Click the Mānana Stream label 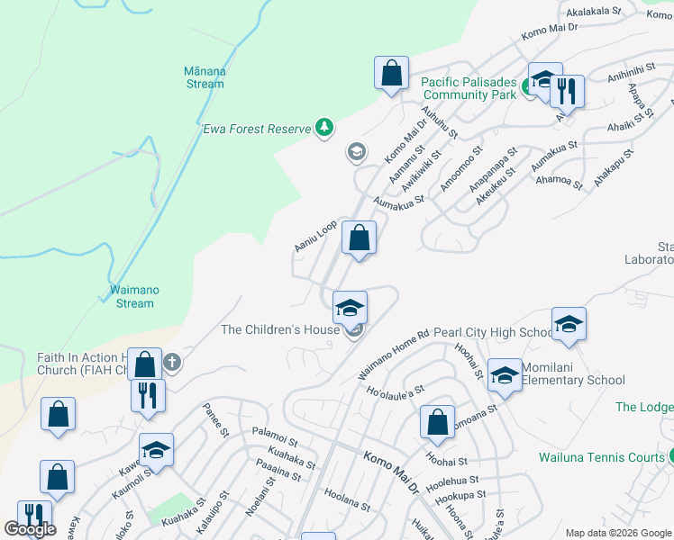pyautogui.click(x=205, y=77)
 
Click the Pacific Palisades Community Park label pyautogui.click(x=469, y=88)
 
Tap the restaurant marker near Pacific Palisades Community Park pyautogui.click(x=567, y=90)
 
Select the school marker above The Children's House pyautogui.click(x=350, y=308)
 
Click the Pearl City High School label pyautogui.click(x=492, y=333)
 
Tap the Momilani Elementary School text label pyautogui.click(x=568, y=380)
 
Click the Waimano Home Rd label pyautogui.click(x=394, y=353)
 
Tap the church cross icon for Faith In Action pyautogui.click(x=172, y=364)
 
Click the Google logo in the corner pyautogui.click(x=30, y=529)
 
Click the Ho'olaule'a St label pyautogui.click(x=395, y=392)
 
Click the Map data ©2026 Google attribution pyautogui.click(x=616, y=533)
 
